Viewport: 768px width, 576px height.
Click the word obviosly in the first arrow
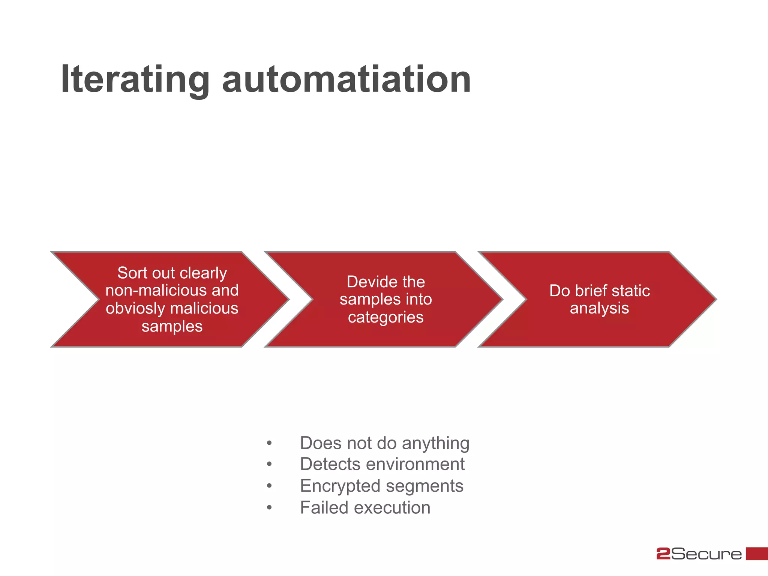[135, 309]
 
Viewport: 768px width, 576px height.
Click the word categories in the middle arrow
[385, 317]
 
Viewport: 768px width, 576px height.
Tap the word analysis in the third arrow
[599, 308]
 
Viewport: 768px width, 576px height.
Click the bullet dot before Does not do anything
[269, 444]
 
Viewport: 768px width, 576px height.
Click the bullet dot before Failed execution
[269, 508]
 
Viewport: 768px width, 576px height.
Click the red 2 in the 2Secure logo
[663, 554]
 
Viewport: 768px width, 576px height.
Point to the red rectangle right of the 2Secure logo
[757, 553]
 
